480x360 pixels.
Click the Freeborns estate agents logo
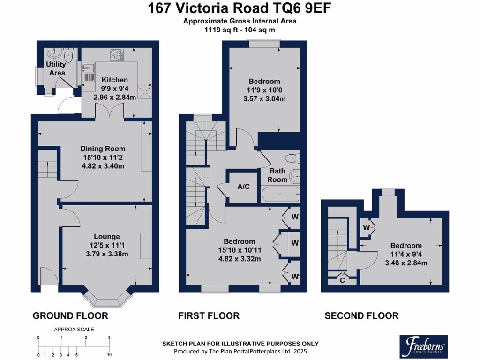coord(424,346)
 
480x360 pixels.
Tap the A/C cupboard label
coord(243,187)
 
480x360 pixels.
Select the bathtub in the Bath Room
coord(280,195)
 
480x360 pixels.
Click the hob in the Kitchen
coord(117,55)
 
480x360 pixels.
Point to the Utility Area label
coord(56,68)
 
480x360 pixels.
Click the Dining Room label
coord(103,149)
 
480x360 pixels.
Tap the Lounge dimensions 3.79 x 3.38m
coord(107,254)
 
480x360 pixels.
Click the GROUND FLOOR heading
coord(70,315)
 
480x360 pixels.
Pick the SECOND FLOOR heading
coord(361,315)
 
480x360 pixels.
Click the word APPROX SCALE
coord(74,330)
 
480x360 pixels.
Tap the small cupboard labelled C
coord(342,280)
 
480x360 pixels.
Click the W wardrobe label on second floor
coord(366,227)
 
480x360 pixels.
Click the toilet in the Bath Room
coord(292,158)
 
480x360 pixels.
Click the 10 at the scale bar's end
coord(109,355)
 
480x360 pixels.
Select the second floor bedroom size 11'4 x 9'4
coord(406,255)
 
